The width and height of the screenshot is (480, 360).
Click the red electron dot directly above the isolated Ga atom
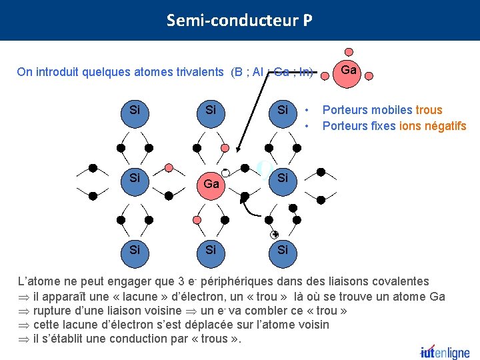click(x=348, y=51)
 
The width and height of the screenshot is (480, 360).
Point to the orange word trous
click(x=429, y=110)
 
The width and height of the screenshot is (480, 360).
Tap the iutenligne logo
click(x=445, y=352)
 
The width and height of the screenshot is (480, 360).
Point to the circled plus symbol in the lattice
click(x=274, y=235)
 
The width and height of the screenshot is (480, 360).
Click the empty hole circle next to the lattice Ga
click(x=226, y=173)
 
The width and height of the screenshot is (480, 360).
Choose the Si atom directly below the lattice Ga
click(x=211, y=249)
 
